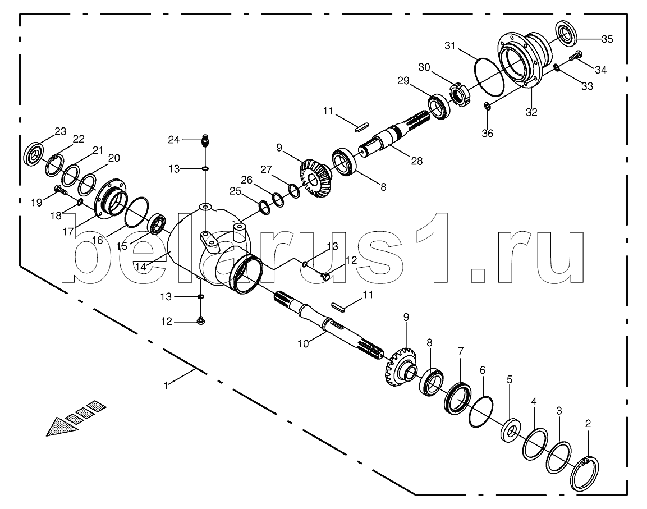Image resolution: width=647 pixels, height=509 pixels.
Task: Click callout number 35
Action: (x=607, y=39)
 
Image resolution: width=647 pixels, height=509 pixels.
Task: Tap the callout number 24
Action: (x=174, y=140)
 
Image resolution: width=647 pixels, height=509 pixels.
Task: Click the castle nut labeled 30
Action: (x=458, y=94)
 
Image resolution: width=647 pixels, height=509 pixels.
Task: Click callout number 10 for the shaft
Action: (x=303, y=344)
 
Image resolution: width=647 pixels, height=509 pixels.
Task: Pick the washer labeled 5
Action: (x=511, y=430)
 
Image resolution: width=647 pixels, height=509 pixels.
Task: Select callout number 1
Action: (x=166, y=386)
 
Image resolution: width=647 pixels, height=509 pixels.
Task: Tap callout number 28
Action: (x=417, y=162)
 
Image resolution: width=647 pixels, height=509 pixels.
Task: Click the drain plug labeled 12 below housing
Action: (x=201, y=320)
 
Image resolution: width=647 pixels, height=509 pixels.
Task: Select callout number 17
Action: (x=68, y=232)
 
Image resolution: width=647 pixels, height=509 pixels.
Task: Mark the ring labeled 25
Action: (x=264, y=207)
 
